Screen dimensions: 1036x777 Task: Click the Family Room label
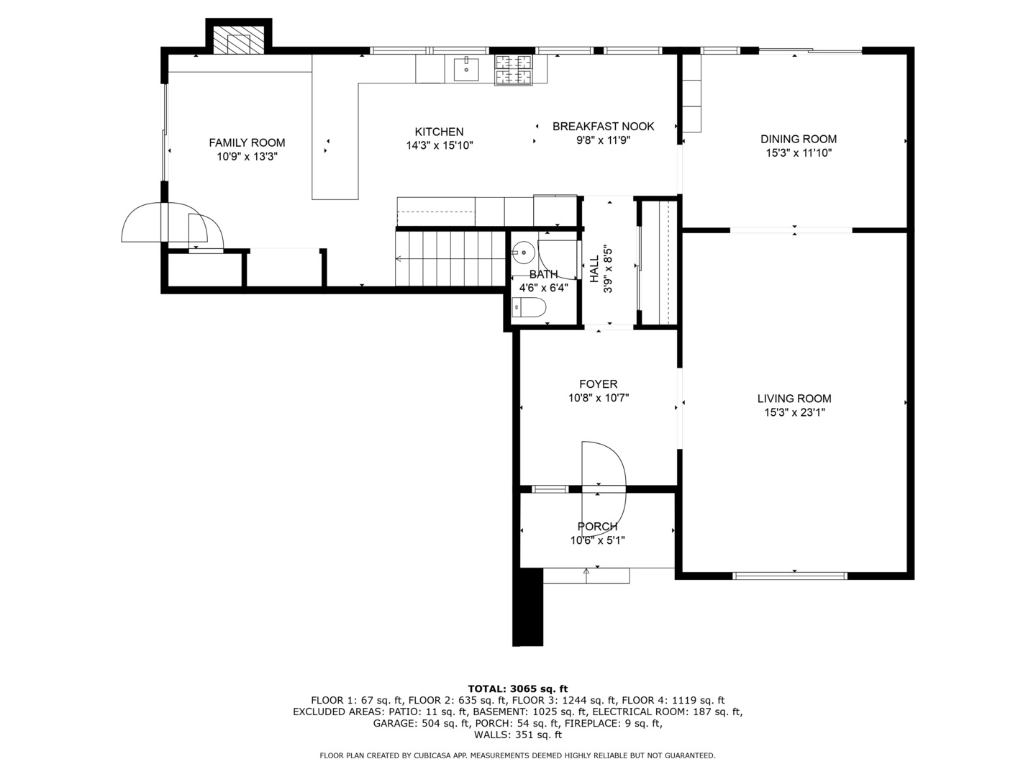click(247, 142)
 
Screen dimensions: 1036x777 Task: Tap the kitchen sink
click(466, 70)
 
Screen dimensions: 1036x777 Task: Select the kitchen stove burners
click(513, 70)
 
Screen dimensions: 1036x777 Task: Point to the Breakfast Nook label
click(603, 127)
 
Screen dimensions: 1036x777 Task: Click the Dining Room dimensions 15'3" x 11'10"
click(799, 153)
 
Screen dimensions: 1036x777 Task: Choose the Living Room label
click(794, 399)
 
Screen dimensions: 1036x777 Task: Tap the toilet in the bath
click(529, 307)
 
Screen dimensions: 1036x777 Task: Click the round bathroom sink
click(523, 253)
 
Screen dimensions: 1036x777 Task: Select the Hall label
click(595, 269)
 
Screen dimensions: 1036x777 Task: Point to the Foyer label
click(599, 384)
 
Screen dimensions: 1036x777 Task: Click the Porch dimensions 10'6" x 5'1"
click(598, 540)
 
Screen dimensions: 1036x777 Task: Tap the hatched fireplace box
click(238, 40)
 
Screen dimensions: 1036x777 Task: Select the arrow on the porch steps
click(586, 576)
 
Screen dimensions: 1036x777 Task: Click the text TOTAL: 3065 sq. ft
click(518, 689)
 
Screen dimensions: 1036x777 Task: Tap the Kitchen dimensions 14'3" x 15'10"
click(440, 146)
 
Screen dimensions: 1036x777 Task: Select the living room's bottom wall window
click(790, 576)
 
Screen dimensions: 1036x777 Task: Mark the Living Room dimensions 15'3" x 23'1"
click(795, 413)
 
